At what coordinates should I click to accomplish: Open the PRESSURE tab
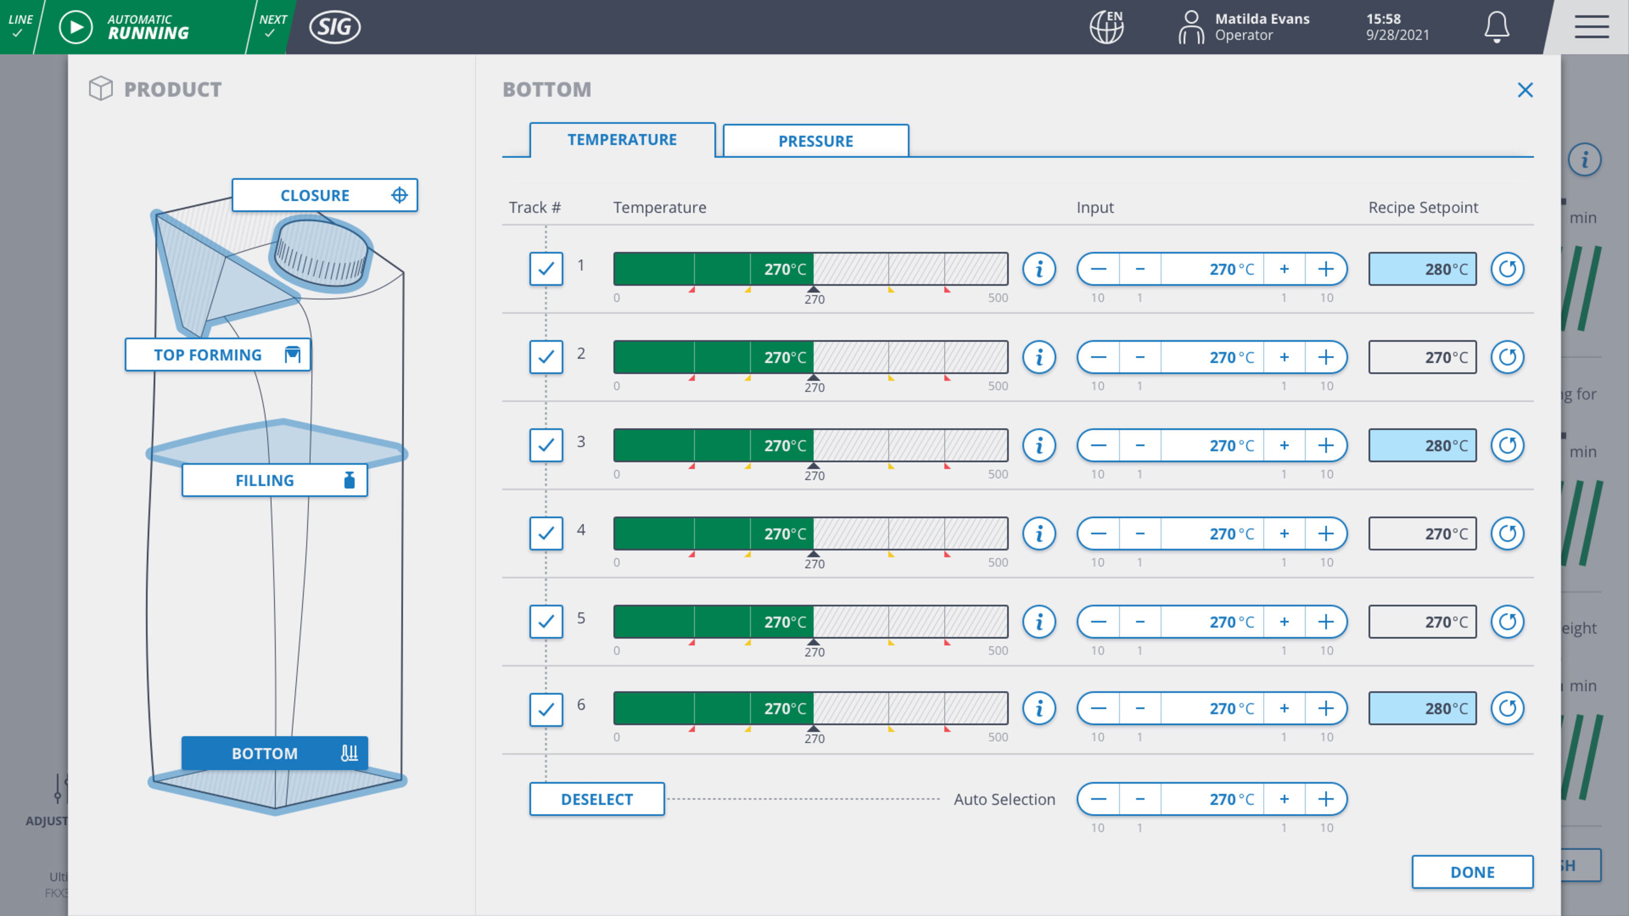coord(815,141)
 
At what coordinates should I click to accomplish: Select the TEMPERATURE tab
coord(622,140)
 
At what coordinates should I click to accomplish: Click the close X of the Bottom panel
coord(1525,91)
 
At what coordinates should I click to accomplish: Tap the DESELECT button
coord(596,799)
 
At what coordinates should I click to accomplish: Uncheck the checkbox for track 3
coord(546,445)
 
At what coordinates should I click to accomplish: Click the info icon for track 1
coord(1038,270)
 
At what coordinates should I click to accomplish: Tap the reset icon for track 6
coord(1507,708)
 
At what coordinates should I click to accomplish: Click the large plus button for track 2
coord(1325,357)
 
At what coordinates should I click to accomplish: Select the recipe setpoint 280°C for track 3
coord(1422,445)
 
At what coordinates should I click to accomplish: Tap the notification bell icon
coord(1496,27)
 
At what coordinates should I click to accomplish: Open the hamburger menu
coord(1591,27)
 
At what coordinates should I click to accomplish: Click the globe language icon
coord(1106,27)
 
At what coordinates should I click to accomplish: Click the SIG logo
coord(335,27)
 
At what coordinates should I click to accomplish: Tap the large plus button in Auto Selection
coord(1325,799)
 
